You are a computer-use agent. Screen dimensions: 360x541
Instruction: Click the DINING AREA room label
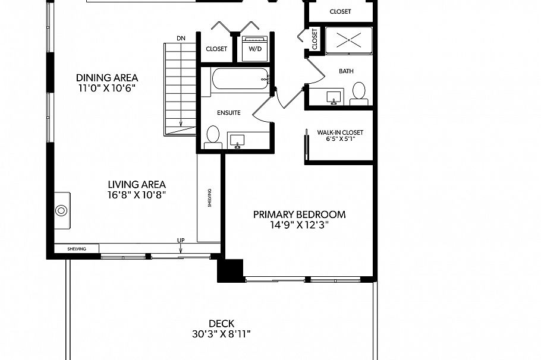point(107,78)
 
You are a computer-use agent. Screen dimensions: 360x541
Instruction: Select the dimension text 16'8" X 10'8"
point(136,194)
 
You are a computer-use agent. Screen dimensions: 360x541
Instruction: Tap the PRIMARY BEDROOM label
point(299,214)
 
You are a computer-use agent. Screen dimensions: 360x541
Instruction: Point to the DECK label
point(221,324)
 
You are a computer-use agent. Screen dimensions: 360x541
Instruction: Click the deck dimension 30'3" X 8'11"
point(221,334)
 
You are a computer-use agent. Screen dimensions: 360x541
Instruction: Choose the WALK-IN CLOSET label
point(340,132)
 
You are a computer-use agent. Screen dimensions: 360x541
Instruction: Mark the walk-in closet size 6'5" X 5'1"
point(340,141)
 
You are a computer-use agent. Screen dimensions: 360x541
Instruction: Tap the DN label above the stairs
point(181,39)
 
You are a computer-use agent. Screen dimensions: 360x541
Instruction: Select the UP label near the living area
point(180,241)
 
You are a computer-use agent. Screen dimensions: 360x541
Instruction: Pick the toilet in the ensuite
point(212,136)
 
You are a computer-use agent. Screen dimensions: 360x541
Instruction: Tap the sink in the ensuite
point(238,140)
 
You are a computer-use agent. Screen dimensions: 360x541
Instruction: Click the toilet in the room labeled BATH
point(359,93)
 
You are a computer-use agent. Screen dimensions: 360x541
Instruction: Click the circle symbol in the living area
point(61,210)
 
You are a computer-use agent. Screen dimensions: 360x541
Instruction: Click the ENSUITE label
point(228,112)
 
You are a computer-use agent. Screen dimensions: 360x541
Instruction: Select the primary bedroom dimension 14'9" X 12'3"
point(299,225)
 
